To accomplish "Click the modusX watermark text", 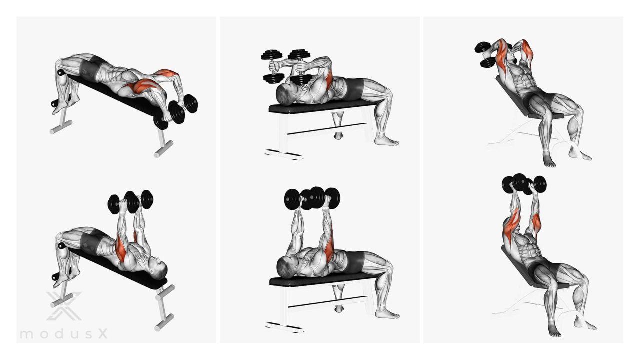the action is tap(64, 333).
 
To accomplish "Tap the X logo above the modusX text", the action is tap(64, 306).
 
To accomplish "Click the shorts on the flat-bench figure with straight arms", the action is tap(355, 261).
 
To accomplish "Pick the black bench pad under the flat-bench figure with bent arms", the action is tap(323, 106).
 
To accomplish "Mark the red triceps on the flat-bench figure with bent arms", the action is tap(329, 79).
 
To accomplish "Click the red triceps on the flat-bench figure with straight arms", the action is tap(330, 251).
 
